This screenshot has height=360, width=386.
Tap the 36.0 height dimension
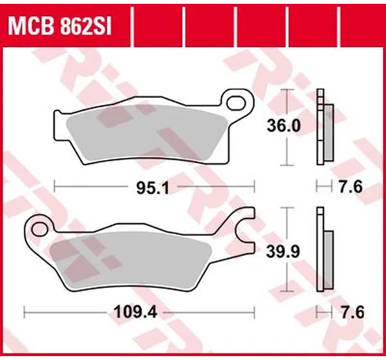click(284, 126)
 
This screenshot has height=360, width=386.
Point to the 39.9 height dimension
click(283, 252)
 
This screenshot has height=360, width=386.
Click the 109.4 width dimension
click(135, 313)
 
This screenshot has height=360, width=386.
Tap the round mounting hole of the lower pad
click(39, 229)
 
